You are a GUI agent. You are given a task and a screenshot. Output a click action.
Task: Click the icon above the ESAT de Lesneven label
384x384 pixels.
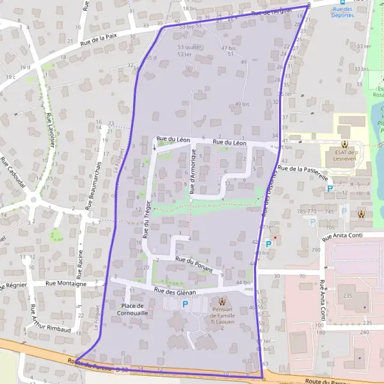pyautogui.click(x=345, y=144)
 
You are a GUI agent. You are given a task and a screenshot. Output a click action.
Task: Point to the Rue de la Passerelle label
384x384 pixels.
pyautogui.click(x=303, y=171)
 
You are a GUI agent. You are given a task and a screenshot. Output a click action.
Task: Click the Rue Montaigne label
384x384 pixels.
pyautogui.click(x=66, y=283)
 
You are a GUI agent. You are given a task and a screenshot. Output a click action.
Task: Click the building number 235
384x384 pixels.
pyautogui.click(x=348, y=296)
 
